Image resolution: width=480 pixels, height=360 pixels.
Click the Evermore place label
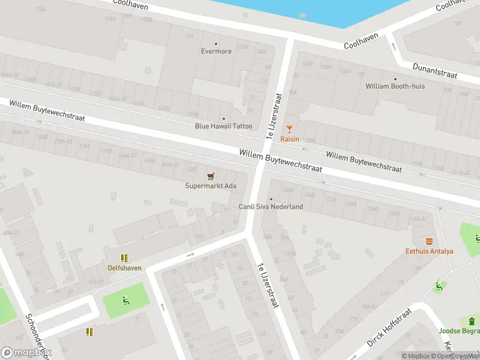(216, 52)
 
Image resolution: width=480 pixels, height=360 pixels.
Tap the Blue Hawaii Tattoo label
(223, 126)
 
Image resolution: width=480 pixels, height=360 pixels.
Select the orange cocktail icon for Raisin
(290, 128)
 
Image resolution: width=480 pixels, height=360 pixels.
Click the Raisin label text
(290, 139)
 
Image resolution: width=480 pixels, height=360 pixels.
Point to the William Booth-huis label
(395, 86)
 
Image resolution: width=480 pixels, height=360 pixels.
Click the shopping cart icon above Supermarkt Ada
(210, 176)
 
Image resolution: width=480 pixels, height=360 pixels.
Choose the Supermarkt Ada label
(210, 186)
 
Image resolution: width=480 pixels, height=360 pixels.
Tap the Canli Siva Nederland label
(271, 207)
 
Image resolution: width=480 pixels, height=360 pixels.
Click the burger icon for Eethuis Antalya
(429, 241)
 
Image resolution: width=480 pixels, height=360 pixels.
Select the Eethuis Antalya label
(429, 251)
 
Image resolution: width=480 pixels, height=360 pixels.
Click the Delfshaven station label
(124, 268)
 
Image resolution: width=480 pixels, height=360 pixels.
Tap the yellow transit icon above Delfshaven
(124, 259)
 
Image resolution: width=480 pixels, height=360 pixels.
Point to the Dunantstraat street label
(435, 71)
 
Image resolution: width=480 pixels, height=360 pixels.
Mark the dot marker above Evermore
(216, 43)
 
